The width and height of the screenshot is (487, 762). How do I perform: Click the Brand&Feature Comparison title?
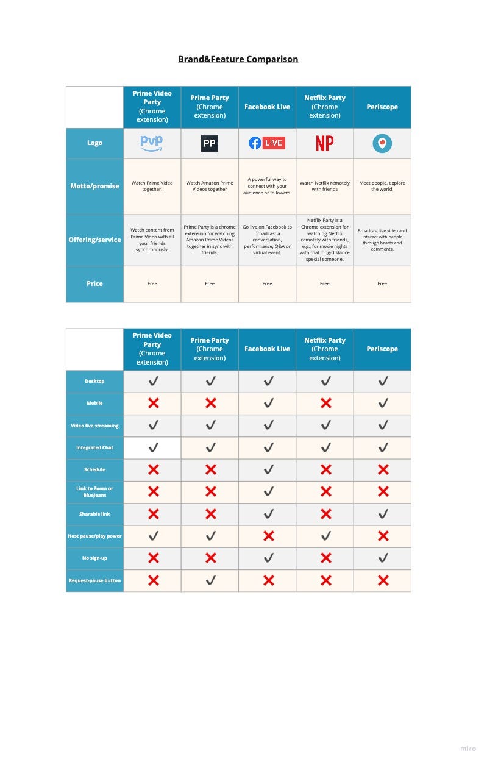(x=238, y=59)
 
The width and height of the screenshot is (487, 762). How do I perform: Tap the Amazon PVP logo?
(x=152, y=143)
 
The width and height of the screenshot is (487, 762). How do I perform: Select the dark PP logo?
(x=210, y=143)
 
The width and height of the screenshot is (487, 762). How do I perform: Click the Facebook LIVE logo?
(x=267, y=143)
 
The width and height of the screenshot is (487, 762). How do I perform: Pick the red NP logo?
(x=325, y=143)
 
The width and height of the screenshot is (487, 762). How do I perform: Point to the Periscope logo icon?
(x=382, y=143)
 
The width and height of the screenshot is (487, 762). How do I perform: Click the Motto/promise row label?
(x=94, y=186)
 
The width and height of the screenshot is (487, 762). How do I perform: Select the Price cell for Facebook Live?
(x=267, y=283)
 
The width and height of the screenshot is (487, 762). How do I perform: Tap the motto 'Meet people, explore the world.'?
(x=382, y=186)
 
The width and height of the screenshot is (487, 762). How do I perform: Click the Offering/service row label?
(x=94, y=240)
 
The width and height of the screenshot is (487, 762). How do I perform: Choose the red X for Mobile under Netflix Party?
(x=325, y=403)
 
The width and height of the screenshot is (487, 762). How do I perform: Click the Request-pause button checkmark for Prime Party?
(x=210, y=580)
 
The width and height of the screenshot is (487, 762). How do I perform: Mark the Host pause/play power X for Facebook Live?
(x=268, y=536)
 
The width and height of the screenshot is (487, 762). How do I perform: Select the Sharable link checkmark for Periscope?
(x=383, y=514)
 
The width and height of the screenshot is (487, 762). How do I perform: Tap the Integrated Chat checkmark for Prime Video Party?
(x=153, y=447)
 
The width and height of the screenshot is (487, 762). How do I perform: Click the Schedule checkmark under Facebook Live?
(x=268, y=469)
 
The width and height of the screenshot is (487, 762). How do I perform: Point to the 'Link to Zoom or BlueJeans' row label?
(x=94, y=491)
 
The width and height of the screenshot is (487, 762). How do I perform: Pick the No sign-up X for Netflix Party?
(x=325, y=558)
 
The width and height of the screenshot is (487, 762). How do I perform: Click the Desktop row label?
(x=94, y=381)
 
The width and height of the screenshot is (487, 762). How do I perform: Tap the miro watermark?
(x=467, y=748)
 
